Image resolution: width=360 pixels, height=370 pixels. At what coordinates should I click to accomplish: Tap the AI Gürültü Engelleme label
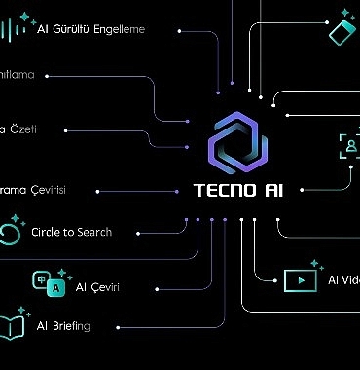pyautogui.click(x=90, y=29)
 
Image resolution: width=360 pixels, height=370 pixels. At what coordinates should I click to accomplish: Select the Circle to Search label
pyautogui.click(x=71, y=233)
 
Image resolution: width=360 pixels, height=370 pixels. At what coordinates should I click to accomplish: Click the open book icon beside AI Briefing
pyautogui.click(x=13, y=326)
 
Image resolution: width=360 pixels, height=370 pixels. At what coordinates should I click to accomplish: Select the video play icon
pyautogui.click(x=299, y=280)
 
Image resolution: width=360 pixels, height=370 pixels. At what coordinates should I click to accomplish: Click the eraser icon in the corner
pyautogui.click(x=340, y=28)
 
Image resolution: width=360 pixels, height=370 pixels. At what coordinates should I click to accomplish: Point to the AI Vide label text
pyautogui.click(x=342, y=281)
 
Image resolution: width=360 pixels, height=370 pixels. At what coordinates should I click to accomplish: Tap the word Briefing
pyautogui.click(x=71, y=326)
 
